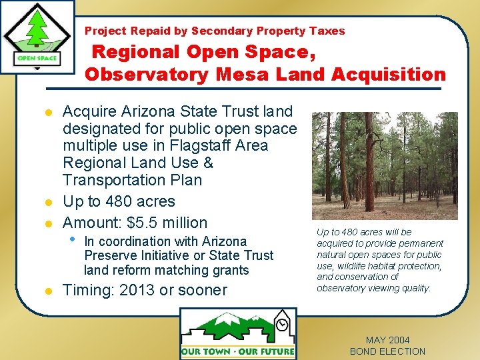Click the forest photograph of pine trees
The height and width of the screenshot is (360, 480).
pos(385,165)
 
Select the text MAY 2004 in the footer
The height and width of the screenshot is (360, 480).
pos(387,340)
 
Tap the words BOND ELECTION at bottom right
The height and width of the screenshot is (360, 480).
pos(387,351)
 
